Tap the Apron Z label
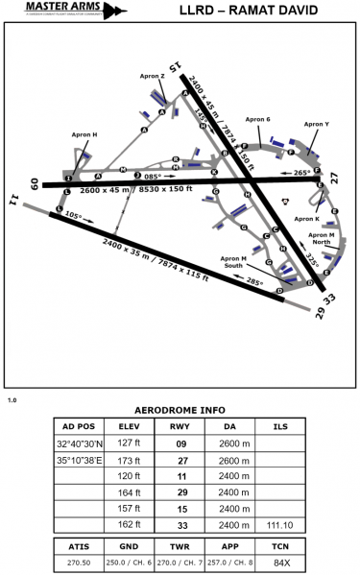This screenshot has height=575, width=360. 139,76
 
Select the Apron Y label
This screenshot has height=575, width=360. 316,124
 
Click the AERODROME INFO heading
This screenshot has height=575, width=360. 180,407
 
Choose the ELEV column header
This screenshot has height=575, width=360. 129,426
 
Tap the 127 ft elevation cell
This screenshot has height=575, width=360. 129,443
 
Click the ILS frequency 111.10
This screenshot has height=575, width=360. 280,525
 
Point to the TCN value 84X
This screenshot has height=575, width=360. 278,562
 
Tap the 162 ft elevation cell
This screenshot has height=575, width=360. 129,525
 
